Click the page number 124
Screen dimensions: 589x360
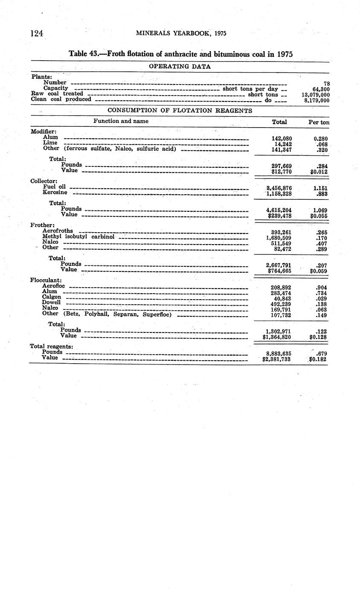coord(37,34)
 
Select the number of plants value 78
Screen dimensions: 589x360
coord(326,84)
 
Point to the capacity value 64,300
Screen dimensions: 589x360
coord(321,89)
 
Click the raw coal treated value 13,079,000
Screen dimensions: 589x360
coord(315,95)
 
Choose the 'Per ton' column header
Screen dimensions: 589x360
coord(319,122)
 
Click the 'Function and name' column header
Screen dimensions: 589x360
coord(121,121)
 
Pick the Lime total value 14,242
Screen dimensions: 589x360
coord(282,144)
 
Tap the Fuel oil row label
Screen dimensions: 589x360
coord(54,187)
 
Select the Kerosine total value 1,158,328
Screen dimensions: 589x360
coord(279,193)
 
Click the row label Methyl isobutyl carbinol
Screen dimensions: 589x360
coord(78,236)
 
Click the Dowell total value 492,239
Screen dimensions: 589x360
coord(278,304)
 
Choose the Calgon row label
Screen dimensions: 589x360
coord(51,297)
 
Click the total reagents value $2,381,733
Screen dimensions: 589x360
coord(276,359)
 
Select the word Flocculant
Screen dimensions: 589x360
coord(46,280)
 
